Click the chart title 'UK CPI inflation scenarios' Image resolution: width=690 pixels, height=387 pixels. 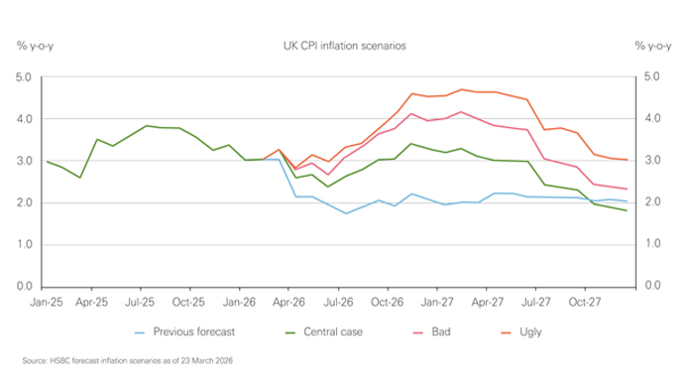(x=344, y=47)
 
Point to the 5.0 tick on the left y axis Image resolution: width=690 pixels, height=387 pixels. (x=24, y=76)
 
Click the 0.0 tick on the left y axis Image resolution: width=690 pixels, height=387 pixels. (x=24, y=286)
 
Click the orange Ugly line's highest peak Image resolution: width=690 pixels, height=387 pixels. (x=461, y=89)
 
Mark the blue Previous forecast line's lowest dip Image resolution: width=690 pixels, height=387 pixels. (x=346, y=213)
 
